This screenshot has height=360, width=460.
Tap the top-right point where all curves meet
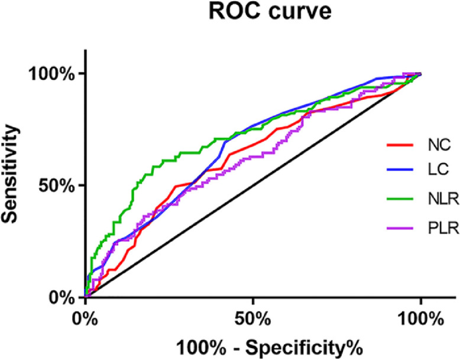[x=420, y=74]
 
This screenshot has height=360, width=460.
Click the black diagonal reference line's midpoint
[x=253, y=185]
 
